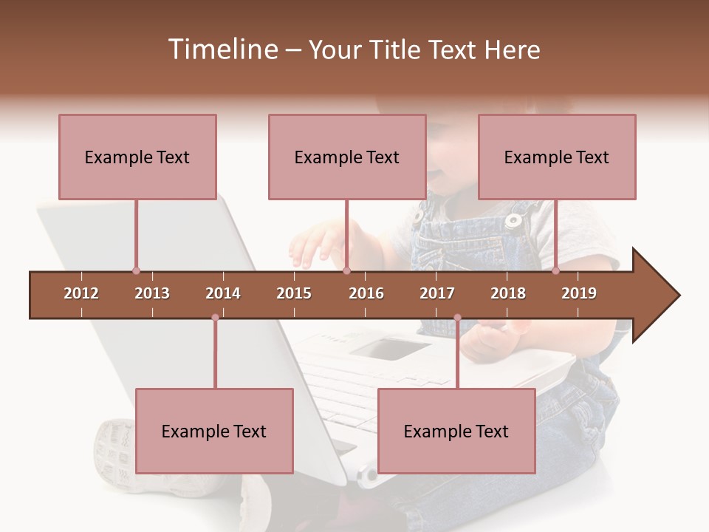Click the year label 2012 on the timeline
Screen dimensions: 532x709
(81, 293)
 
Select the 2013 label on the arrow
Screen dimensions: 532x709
(152, 293)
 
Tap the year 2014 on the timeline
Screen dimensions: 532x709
(223, 293)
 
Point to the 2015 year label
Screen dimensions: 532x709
(294, 293)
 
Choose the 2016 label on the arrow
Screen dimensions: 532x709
(366, 293)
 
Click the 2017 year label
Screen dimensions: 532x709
(437, 293)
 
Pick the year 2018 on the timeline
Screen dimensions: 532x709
(508, 293)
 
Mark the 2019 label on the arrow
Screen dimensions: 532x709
(579, 293)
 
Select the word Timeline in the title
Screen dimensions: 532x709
(221, 50)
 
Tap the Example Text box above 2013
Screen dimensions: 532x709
(137, 157)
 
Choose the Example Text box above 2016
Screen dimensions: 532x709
(347, 157)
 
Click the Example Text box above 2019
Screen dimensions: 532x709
(557, 157)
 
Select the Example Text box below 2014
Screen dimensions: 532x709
(214, 431)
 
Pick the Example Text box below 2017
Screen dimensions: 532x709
(456, 431)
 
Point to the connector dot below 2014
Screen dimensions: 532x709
(215, 318)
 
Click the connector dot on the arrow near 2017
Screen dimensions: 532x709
(457, 318)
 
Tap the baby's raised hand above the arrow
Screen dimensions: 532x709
(314, 248)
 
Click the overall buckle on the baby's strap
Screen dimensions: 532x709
(513, 219)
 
